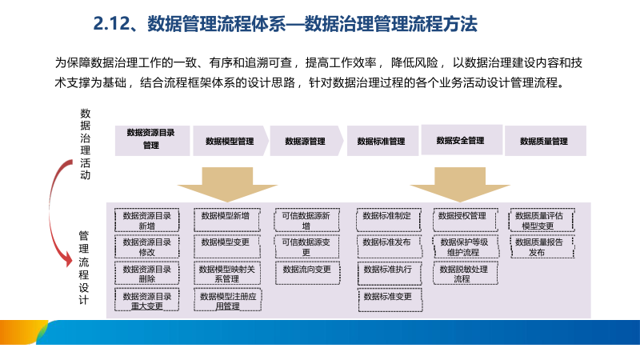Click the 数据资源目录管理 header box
tap(151, 140)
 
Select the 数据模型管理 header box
tap(230, 141)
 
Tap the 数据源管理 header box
tap(305, 141)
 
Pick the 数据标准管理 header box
tap(381, 141)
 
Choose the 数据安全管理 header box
tap(461, 140)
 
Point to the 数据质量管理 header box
tap(544, 141)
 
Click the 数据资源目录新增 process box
tap(147, 220)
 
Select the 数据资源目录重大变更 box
tap(147, 301)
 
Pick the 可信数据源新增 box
tap(306, 220)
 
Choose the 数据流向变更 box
tap(306, 270)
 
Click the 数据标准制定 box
tap(386, 216)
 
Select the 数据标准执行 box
tap(386, 270)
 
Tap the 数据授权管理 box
tap(462, 216)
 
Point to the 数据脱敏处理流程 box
tap(462, 274)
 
